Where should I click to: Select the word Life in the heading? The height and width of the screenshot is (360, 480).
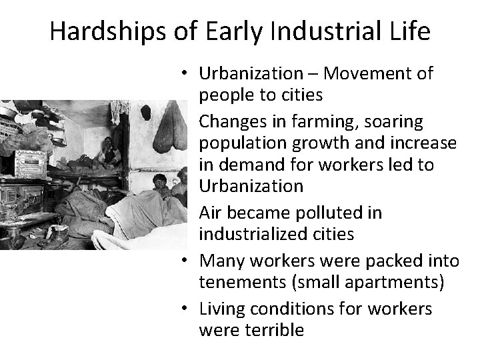pyautogui.click(x=411, y=31)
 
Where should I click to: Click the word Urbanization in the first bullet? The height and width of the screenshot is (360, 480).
pyautogui.click(x=251, y=73)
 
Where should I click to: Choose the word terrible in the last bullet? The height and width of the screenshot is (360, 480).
pyautogui.click(x=273, y=330)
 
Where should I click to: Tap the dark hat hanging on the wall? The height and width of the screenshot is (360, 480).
pyautogui.click(x=146, y=112)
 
